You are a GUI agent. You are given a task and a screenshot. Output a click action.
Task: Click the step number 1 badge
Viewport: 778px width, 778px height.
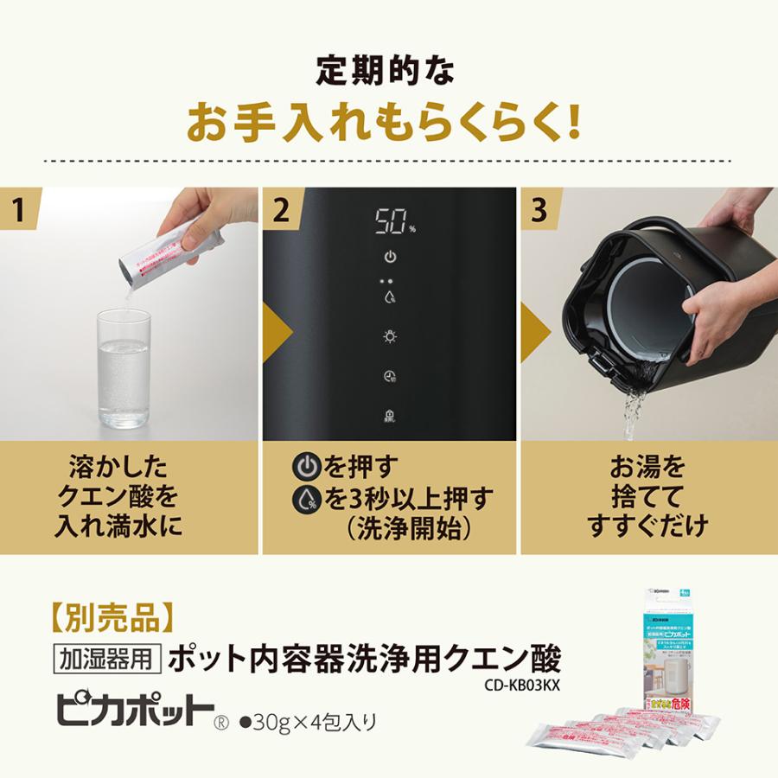pos(18,210)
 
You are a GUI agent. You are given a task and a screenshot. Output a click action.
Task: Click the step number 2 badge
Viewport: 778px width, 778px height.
pos(282,210)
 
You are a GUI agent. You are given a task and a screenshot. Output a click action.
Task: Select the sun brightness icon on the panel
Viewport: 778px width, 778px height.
pos(390,337)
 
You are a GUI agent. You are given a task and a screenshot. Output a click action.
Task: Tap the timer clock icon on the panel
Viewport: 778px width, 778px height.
pos(390,376)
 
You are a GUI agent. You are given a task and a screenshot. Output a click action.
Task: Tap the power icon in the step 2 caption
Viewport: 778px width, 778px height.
pos(306,468)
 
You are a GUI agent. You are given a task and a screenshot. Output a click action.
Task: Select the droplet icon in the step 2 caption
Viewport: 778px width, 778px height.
pos(306,499)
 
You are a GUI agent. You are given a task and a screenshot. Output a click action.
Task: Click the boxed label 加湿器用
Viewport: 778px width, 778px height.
pos(107,660)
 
